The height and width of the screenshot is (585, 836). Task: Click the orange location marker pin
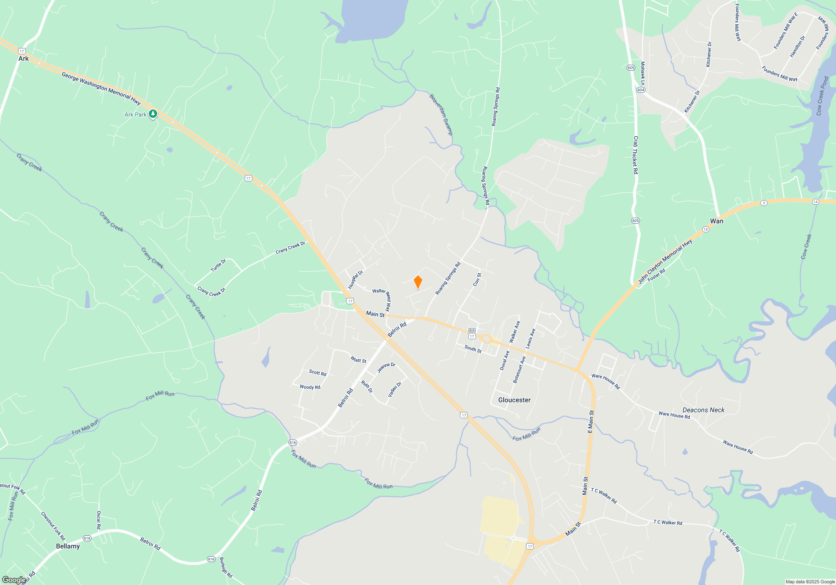(x=418, y=282)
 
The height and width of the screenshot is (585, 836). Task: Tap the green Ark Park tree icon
(x=153, y=114)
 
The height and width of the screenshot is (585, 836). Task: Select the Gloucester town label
(x=514, y=400)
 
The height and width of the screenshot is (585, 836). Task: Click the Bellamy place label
(x=68, y=546)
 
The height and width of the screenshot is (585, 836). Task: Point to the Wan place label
(x=716, y=221)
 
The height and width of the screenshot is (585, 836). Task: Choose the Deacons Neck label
(x=703, y=410)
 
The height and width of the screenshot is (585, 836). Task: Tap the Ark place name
(x=23, y=58)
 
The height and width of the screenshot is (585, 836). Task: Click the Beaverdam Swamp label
(x=441, y=114)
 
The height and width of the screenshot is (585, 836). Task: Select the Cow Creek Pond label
(x=822, y=96)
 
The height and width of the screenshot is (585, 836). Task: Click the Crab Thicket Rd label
(x=635, y=155)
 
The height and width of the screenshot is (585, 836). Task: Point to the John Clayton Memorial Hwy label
(x=665, y=262)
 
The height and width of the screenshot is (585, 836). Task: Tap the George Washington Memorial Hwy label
(x=101, y=87)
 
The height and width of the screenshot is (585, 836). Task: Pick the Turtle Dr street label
(x=218, y=265)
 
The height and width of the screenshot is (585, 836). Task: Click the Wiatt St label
(x=358, y=360)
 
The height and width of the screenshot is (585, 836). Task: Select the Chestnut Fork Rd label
(x=53, y=526)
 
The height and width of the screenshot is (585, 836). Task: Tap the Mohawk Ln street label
(x=643, y=74)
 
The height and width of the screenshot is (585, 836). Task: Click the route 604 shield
(x=641, y=90)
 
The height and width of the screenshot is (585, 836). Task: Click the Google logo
(x=14, y=580)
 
